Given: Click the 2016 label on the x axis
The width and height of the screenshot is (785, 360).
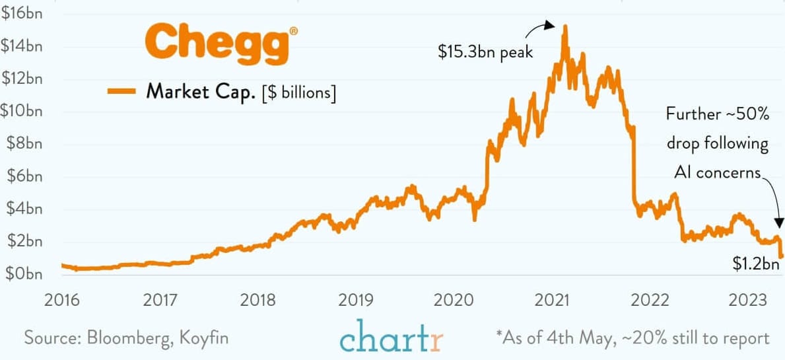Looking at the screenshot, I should [62, 301].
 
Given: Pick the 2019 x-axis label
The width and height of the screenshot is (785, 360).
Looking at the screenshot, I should [357, 301].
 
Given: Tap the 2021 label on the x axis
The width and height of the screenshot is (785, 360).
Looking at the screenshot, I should [553, 301].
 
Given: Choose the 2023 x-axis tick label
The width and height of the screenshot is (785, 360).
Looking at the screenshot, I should [747, 301].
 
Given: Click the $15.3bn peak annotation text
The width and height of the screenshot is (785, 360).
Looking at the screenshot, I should [485, 52].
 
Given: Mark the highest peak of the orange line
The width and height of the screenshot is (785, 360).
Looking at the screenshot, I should [565, 26].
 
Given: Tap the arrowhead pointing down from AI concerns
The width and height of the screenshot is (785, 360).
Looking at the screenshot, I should [779, 223].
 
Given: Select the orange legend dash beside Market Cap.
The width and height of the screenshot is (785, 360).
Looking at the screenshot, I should [122, 91].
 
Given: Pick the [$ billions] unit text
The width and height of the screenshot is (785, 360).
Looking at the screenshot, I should [299, 92].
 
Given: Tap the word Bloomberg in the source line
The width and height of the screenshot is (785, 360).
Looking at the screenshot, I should [134, 338].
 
